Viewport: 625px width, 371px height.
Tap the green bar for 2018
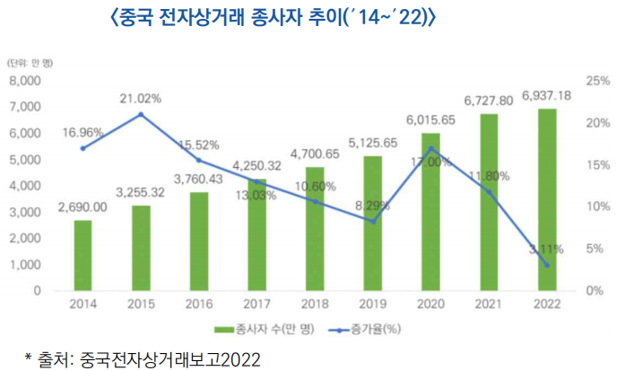click(315, 229)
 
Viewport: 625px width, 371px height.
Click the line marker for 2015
click(141, 115)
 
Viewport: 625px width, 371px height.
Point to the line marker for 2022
click(546, 265)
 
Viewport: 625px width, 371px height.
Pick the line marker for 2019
click(372, 221)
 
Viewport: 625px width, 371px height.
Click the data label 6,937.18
click(546, 95)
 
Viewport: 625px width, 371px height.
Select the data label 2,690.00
click(82, 207)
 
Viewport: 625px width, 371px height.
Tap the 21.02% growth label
click(141, 98)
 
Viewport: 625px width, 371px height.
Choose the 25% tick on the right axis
click(598, 81)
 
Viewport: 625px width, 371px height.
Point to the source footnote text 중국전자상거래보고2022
click(170, 359)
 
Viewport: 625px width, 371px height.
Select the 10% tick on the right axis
click(598, 207)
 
